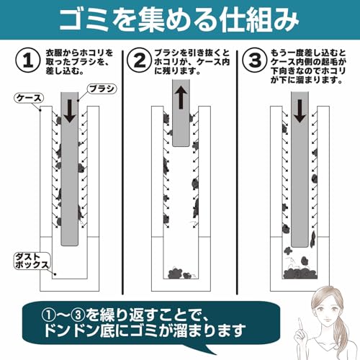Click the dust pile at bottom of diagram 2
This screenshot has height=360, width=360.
[x=181, y=274]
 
